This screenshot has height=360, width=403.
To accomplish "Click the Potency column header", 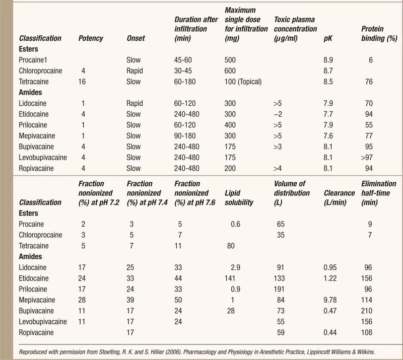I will tap(91, 38).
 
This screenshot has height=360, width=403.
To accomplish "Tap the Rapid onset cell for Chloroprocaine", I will tap(135, 71).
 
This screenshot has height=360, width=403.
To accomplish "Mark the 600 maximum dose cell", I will tap(230, 71).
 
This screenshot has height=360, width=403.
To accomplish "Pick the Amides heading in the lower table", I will tap(31, 257).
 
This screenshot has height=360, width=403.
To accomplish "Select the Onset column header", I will tap(136, 38).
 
